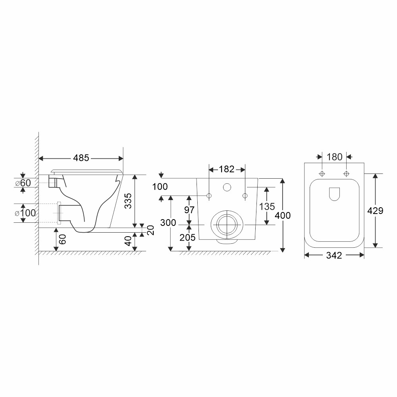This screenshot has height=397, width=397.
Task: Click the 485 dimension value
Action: click(x=81, y=158)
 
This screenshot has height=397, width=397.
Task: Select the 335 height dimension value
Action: click(x=128, y=201)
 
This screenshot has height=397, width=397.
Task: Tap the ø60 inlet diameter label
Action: click(x=23, y=183)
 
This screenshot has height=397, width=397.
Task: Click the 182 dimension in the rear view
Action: click(x=227, y=169)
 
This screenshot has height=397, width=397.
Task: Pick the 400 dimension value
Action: click(x=283, y=216)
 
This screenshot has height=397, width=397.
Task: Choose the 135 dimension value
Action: click(x=267, y=206)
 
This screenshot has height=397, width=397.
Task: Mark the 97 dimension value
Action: click(x=189, y=210)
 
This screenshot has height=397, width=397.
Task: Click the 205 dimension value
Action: click(x=188, y=237)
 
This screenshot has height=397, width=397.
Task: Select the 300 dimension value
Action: click(x=168, y=223)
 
